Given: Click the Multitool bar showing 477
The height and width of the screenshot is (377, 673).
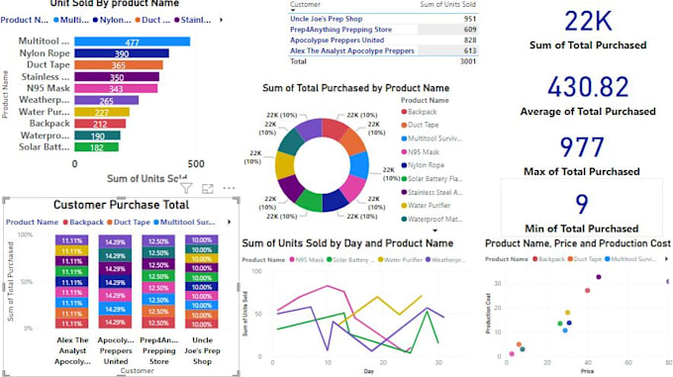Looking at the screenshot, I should point(132,42).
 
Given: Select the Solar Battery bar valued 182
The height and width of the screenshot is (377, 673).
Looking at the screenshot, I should point(96,146).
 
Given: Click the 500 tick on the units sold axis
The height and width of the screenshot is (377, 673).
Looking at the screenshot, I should point(195,163).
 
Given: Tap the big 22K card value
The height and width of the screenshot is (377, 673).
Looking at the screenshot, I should point(583,21).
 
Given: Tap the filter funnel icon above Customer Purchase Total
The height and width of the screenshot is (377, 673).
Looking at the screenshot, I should point(185,187).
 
